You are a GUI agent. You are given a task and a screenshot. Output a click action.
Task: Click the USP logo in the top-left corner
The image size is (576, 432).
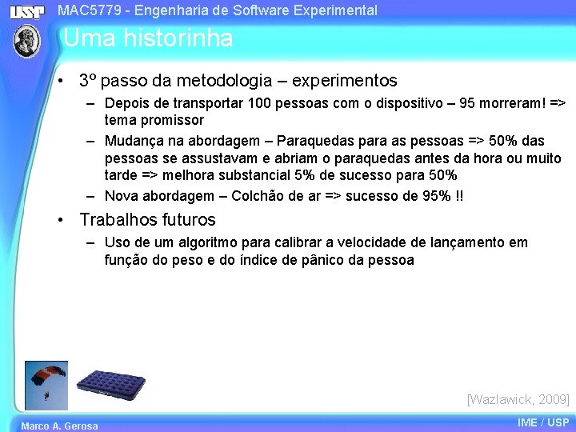[x=27, y=12]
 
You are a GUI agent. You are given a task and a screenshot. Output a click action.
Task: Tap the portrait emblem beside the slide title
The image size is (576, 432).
[x=27, y=41]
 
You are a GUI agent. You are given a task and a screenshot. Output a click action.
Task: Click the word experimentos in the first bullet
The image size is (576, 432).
[x=345, y=81]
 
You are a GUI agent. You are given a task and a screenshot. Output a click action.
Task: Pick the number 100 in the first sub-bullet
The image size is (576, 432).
[x=262, y=104]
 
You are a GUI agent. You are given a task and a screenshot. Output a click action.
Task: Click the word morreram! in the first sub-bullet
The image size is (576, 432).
[x=511, y=104]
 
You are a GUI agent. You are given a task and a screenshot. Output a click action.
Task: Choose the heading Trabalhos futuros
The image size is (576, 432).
[x=147, y=219]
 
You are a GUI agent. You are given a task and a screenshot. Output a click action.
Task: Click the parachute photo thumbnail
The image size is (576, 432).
[x=46, y=386]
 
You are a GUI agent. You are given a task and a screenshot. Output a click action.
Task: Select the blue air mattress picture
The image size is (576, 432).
[x=110, y=390]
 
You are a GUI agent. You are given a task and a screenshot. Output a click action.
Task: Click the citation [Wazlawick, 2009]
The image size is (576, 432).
[x=518, y=398]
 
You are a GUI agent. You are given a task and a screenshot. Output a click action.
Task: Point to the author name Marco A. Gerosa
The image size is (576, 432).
[x=59, y=426]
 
